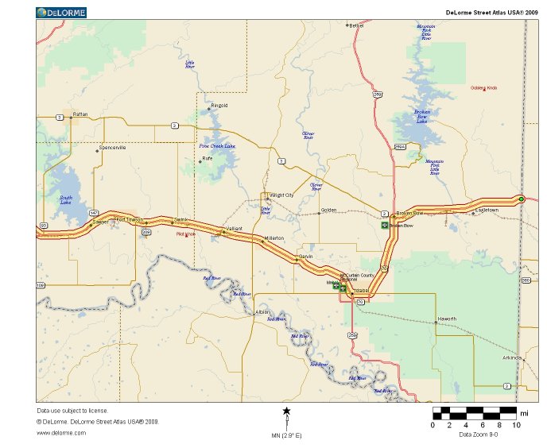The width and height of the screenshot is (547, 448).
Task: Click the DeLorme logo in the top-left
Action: coord(62,13)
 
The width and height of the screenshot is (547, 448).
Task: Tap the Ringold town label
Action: coord(219,105)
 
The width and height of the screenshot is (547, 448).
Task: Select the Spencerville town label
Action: coord(112,148)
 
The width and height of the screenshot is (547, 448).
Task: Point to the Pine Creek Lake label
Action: coord(217,146)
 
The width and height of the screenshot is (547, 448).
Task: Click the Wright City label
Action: coord(282,195)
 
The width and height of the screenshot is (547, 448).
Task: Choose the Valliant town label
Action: coord(234,229)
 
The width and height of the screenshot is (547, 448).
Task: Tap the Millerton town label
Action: coord(274,238)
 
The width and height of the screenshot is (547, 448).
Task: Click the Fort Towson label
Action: coord(129,219)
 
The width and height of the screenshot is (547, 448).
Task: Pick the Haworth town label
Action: coord(447,319)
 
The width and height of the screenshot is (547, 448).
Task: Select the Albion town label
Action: coord(263,312)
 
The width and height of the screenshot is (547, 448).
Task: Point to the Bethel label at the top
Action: coord(356,25)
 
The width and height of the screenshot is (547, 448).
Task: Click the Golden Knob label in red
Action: coord(483,87)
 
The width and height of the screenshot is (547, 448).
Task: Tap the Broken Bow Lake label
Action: coord(422,116)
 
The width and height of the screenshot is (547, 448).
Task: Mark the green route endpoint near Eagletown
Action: coord(521,199)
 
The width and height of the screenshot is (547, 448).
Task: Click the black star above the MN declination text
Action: coord(287,411)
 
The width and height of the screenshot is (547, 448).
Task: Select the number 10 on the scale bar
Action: coord(517,426)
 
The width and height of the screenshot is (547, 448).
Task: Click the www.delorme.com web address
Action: coord(61,432)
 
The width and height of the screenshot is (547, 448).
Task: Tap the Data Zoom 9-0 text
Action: coord(479,434)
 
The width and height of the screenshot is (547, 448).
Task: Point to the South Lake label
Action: coord(66,200)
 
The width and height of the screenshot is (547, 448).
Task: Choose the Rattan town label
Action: coord(80,114)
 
